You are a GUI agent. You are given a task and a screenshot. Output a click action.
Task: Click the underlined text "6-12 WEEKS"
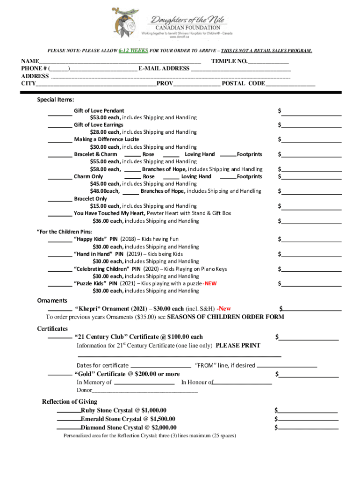pyautogui.click(x=133, y=51)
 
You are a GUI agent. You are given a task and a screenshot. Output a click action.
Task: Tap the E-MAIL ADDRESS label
pyautogui.click(x=164, y=69)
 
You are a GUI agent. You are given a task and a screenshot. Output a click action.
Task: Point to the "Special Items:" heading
pyautogui.click(x=56, y=100)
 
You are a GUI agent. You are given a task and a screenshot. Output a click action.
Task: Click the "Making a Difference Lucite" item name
pyautogui.click(x=106, y=139)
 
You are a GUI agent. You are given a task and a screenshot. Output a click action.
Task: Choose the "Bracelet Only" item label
pyautogui.click(x=90, y=199)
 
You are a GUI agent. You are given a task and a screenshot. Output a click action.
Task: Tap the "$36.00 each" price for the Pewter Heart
pyautogui.click(x=108, y=221)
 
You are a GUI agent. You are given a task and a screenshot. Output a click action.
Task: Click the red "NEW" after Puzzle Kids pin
pyautogui.click(x=210, y=283)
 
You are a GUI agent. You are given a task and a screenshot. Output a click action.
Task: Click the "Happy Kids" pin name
pyautogui.click(x=90, y=239)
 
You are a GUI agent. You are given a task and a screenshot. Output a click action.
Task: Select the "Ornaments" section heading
pyautogui.click(x=52, y=301)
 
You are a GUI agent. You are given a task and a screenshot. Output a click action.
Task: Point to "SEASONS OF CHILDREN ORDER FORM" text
pyautogui.click(x=225, y=317)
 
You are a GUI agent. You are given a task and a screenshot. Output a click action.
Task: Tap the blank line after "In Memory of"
pyautogui.click(x=144, y=383)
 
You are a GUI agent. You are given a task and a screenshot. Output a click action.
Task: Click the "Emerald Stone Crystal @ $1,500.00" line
pyautogui.click(x=128, y=419)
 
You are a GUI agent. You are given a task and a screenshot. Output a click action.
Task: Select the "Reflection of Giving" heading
pyautogui.click(x=70, y=402)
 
